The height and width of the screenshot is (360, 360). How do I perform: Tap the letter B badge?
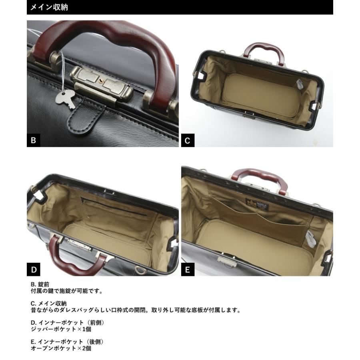pos(34,140)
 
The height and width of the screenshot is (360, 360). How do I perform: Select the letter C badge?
pos(188,140)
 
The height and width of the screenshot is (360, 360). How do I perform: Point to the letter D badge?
pos(34,270)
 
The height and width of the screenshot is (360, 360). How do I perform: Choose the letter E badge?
pos(188,270)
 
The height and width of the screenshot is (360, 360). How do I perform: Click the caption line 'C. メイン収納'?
pos(49,303)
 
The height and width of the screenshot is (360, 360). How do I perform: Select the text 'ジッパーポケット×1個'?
pos(61,329)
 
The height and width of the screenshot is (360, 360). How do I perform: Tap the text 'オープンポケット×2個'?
pos(61,348)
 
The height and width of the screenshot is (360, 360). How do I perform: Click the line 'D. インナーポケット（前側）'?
pos(68,322)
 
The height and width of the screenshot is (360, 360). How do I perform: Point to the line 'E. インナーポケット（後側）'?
pos(68,342)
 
